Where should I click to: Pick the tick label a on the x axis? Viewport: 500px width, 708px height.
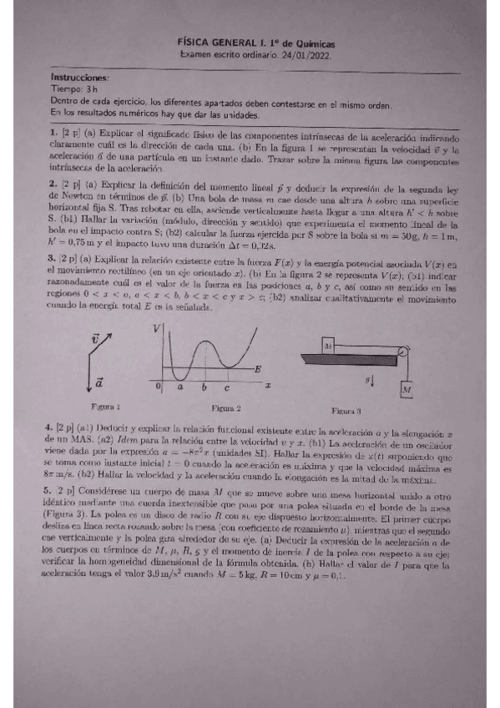[x=180, y=388]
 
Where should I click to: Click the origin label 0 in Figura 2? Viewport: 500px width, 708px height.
[x=159, y=388]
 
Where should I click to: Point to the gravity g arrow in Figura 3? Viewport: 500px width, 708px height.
[x=371, y=381]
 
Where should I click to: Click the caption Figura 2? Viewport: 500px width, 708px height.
[x=226, y=408]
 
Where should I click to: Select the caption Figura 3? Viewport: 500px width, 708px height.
[x=346, y=411]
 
